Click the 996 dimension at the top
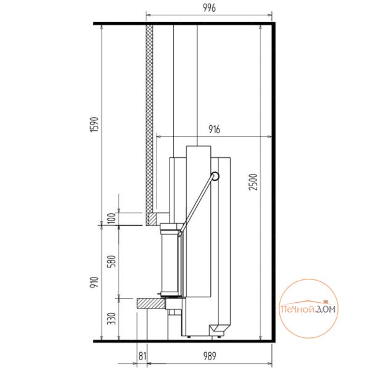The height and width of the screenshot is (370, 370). pyautogui.click(x=209, y=8)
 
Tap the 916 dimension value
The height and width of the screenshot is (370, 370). pyautogui.click(x=214, y=129)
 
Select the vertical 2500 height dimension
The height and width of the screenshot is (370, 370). pyautogui.click(x=253, y=182)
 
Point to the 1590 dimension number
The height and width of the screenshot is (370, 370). pyautogui.click(x=94, y=125)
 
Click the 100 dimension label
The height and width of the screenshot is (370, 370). pyautogui.click(x=112, y=218)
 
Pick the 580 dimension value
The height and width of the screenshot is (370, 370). pyautogui.click(x=112, y=261)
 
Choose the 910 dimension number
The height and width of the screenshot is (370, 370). pyautogui.click(x=94, y=282)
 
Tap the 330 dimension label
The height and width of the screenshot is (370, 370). pyautogui.click(x=112, y=319)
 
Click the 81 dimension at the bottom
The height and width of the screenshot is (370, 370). pyautogui.click(x=142, y=356)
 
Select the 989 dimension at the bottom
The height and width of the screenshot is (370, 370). pyautogui.click(x=210, y=356)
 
